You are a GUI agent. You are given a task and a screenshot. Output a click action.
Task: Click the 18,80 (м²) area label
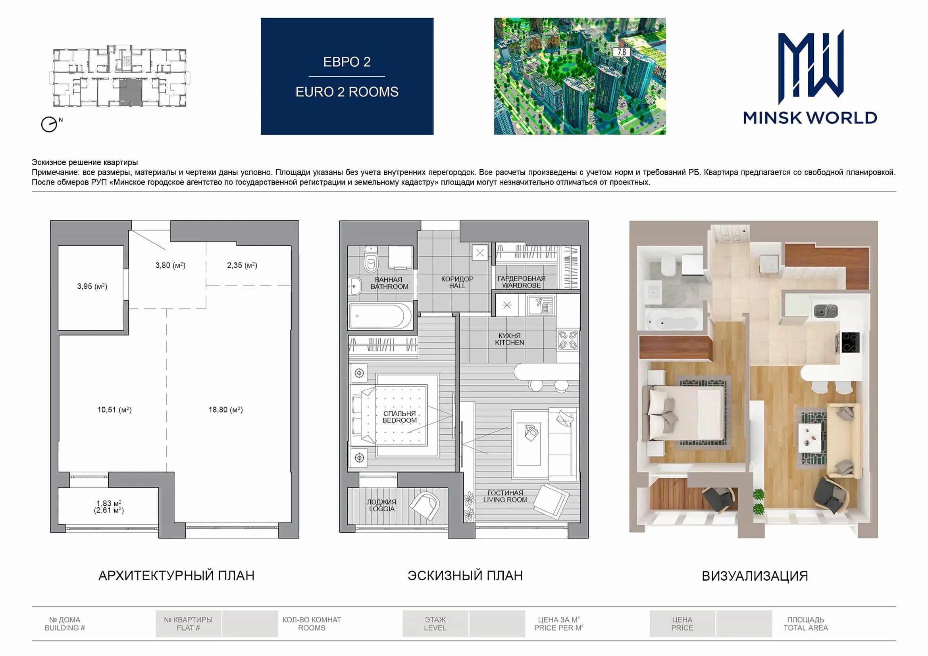(x=225, y=410)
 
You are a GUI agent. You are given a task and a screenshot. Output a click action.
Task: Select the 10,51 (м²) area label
(x=114, y=410)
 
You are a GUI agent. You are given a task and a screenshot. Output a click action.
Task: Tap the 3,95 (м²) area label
(x=92, y=286)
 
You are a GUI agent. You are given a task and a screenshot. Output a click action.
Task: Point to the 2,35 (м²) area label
(x=242, y=265)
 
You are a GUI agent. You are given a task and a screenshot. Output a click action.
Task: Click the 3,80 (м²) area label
(x=171, y=265)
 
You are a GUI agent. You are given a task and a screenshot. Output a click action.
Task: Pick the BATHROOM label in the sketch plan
(x=390, y=287)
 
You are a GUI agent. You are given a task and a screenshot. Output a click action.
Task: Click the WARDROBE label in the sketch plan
(x=522, y=286)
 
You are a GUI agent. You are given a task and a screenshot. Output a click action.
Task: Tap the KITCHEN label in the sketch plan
(x=510, y=343)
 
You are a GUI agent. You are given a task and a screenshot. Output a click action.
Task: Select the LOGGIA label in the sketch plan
(x=381, y=509)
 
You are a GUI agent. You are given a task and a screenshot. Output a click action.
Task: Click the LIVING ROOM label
(x=505, y=500)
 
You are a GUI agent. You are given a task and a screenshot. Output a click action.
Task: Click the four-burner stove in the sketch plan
(x=568, y=340)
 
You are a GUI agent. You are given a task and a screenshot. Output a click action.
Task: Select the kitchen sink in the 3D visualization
(x=825, y=311)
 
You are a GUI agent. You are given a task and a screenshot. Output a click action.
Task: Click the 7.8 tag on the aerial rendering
(x=622, y=52)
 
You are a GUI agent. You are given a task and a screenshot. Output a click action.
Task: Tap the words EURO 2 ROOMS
(x=347, y=92)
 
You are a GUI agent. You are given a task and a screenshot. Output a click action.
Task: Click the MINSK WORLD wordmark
(x=810, y=118)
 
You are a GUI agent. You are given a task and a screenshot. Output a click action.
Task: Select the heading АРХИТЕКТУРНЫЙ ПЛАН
(x=177, y=575)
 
